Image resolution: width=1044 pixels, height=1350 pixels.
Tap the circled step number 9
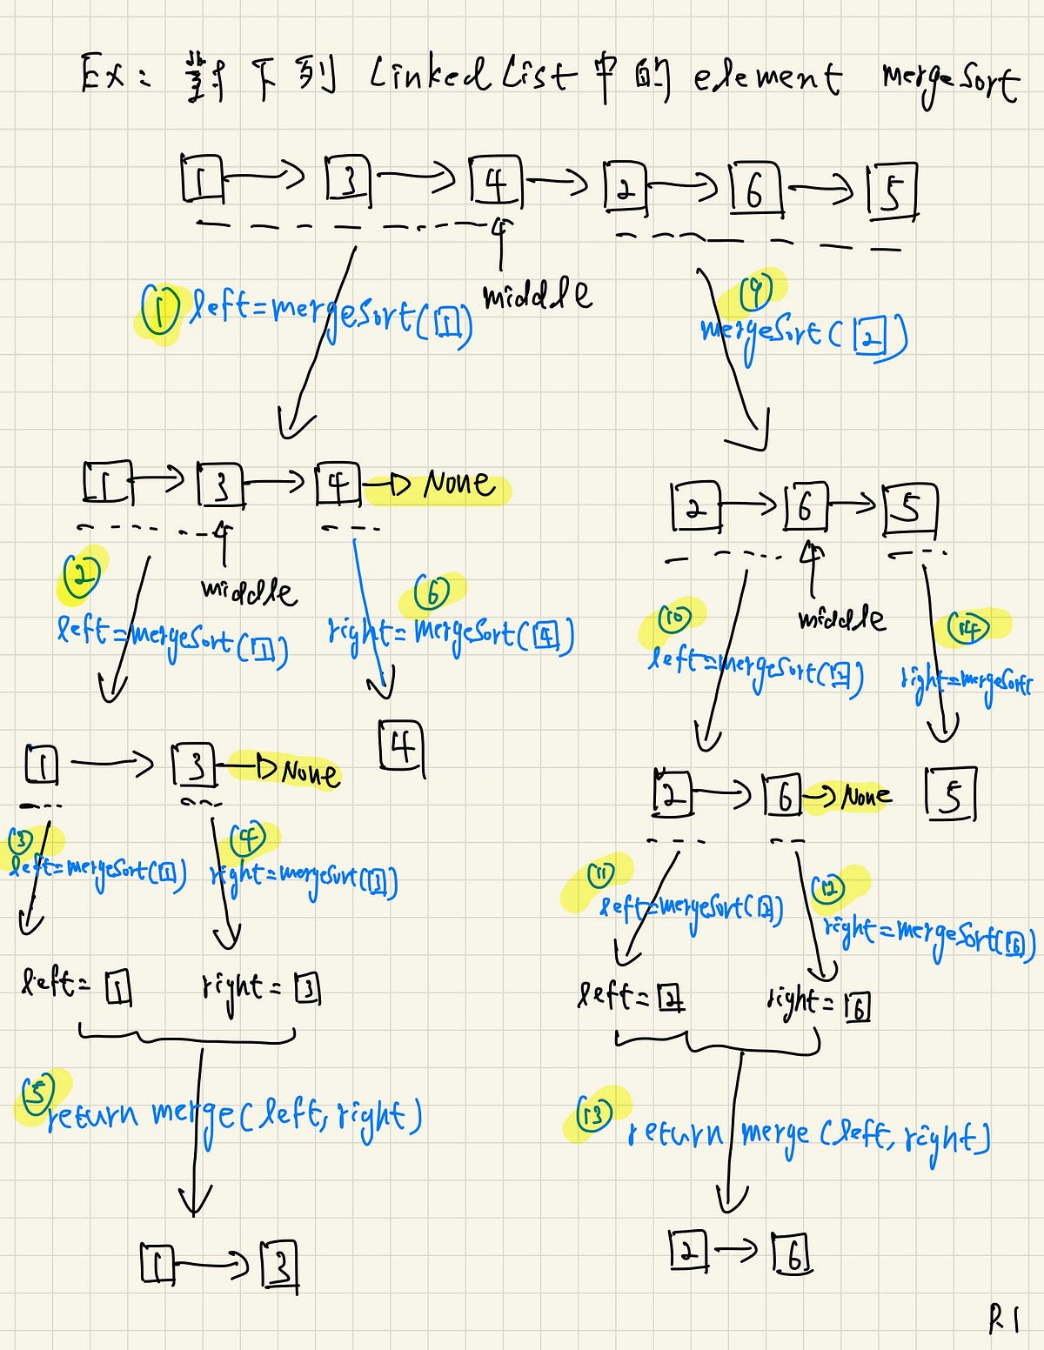(x=756, y=293)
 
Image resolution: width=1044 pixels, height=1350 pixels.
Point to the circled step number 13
(x=594, y=1113)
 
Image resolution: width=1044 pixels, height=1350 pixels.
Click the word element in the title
(x=766, y=78)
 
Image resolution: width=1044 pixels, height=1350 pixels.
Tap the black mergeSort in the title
(x=948, y=81)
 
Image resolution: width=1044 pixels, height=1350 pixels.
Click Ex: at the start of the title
(x=113, y=75)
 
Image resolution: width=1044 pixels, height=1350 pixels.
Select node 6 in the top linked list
(x=754, y=190)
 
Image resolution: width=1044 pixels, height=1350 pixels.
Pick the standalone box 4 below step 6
(x=401, y=747)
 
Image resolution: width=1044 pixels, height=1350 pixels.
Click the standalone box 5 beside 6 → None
(x=951, y=794)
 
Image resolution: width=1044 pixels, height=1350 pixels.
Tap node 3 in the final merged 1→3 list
(x=280, y=1266)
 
